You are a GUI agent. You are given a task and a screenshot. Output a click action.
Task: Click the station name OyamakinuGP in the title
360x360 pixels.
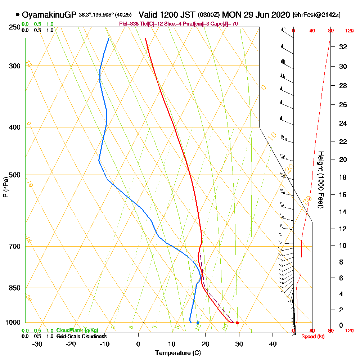point(49,15)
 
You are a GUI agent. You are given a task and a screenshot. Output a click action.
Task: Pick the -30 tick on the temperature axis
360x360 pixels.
point(37,344)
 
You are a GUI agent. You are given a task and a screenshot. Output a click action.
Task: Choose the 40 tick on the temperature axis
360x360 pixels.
point(273,344)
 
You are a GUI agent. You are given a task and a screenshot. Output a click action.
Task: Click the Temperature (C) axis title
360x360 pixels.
point(178,353)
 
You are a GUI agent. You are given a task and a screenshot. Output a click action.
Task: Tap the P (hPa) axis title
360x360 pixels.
point(5,187)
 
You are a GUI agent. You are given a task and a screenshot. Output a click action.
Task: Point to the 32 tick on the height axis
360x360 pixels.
point(343,47)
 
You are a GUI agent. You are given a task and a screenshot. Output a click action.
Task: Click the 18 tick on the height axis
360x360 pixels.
point(343,177)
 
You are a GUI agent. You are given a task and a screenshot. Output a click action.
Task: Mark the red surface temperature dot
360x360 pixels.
point(237,323)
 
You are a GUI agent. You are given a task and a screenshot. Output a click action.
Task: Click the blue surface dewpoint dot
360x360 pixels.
point(198,323)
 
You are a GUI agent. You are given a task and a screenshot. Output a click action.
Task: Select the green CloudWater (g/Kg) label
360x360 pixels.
point(77,330)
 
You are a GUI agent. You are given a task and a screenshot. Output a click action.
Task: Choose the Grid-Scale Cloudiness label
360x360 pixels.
point(81,336)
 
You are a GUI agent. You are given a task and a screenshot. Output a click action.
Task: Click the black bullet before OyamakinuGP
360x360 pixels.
point(17,15)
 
